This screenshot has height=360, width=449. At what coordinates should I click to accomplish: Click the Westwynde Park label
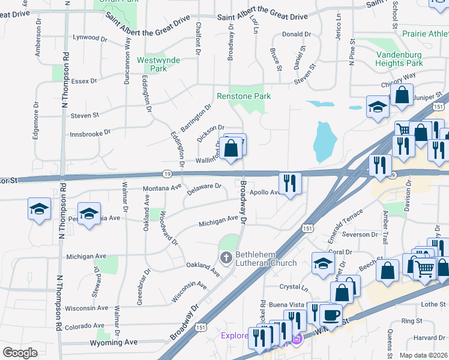(x=151, y=64)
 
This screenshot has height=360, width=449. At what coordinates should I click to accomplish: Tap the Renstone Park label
(x=244, y=96)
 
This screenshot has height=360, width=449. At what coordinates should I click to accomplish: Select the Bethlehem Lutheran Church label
(x=266, y=259)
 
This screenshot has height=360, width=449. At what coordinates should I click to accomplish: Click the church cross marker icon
(x=226, y=259)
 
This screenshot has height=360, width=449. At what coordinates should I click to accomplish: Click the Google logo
(x=20, y=353)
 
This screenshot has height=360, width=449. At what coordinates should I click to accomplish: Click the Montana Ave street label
(x=161, y=187)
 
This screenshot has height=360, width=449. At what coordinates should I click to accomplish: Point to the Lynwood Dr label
(x=89, y=38)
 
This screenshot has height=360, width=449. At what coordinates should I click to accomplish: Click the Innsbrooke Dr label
(x=91, y=133)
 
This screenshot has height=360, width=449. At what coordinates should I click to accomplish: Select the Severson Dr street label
(x=359, y=234)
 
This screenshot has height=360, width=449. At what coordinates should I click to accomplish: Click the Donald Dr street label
(x=297, y=35)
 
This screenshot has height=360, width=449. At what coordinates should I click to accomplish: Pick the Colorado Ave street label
(x=85, y=327)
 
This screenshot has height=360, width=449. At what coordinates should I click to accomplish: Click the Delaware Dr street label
(x=205, y=189)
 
